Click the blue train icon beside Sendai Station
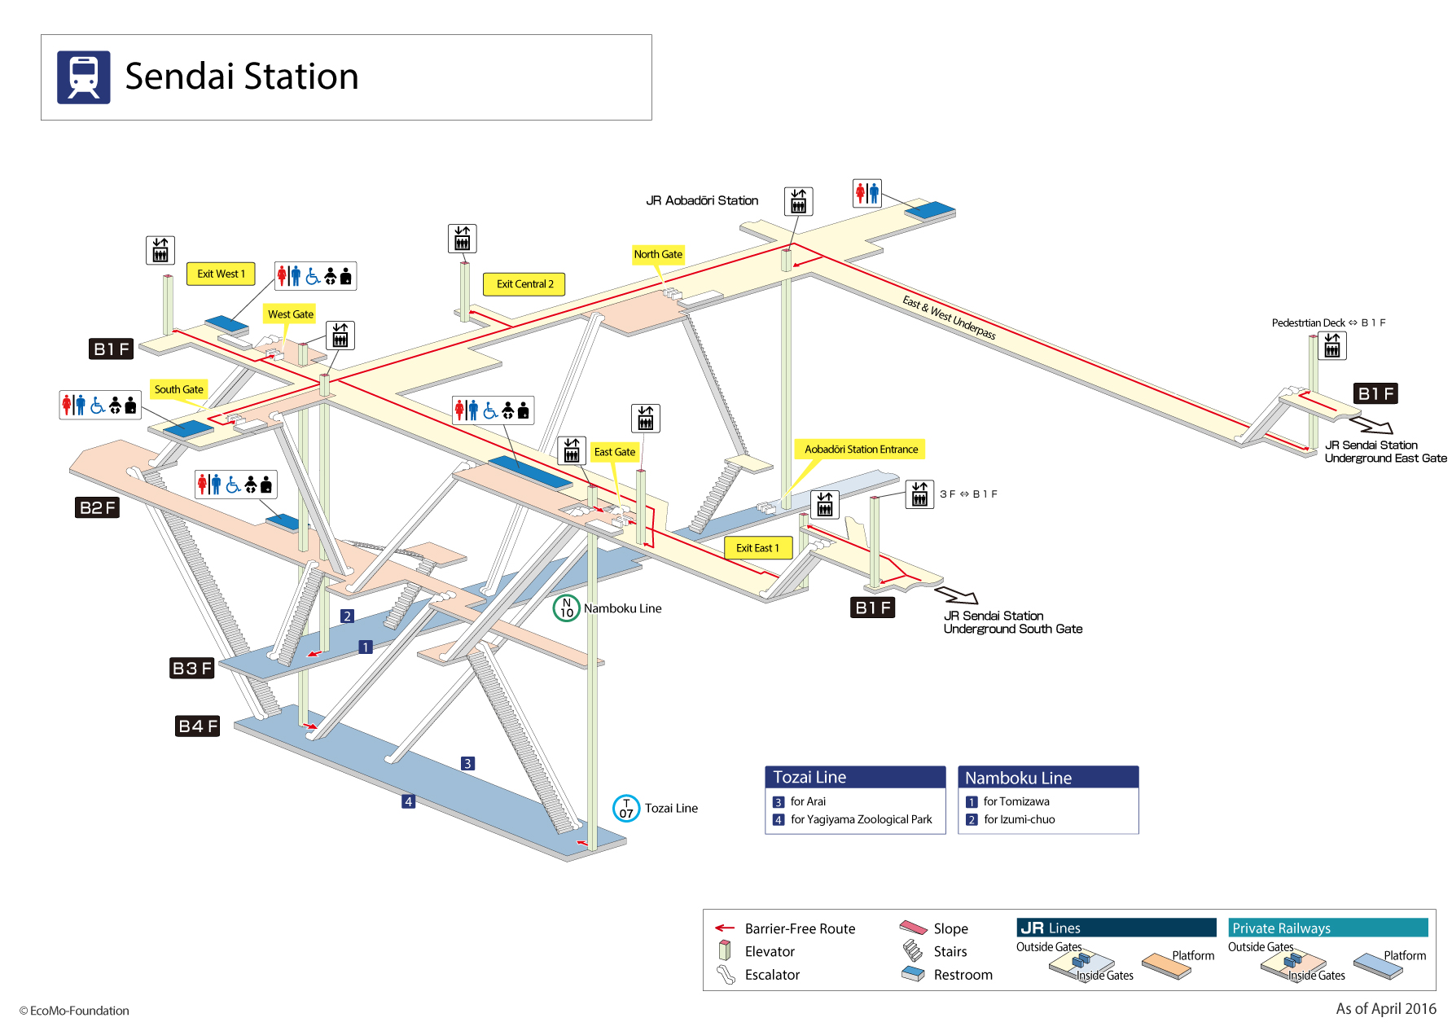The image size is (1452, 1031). click(x=83, y=77)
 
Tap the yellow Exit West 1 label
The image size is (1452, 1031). click(x=221, y=274)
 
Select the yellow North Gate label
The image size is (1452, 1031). click(x=658, y=254)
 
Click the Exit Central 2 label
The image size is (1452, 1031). click(x=524, y=284)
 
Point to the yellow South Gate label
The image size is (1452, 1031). click(x=178, y=389)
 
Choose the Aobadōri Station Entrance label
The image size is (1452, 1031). click(x=860, y=450)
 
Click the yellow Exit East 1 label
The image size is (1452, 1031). click(x=757, y=548)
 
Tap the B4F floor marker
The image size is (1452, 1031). click(x=198, y=726)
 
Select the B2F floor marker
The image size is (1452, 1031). click(x=98, y=507)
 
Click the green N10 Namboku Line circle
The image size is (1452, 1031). click(x=566, y=608)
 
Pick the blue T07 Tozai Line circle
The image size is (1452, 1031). click(x=625, y=808)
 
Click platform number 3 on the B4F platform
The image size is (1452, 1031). click(x=467, y=763)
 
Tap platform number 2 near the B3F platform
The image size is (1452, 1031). click(x=347, y=616)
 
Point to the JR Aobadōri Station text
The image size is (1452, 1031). click(x=701, y=200)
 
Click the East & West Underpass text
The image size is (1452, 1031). click(x=949, y=317)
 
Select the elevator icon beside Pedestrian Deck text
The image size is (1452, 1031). click(x=1332, y=346)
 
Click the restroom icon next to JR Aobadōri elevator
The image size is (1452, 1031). click(x=866, y=193)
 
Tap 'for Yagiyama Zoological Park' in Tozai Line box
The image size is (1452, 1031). click(x=861, y=819)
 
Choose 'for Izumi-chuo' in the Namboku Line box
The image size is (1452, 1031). click(x=1019, y=819)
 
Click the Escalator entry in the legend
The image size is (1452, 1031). click(x=771, y=975)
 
